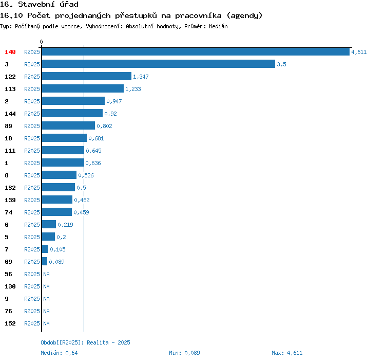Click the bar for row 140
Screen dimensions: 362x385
tap(195, 52)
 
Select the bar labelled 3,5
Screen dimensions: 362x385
tap(158, 64)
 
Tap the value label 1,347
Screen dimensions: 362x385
tap(141, 77)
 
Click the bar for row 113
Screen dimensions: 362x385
tap(83, 89)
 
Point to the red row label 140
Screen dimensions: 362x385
tap(10, 52)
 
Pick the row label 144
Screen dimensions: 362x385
tap(10, 114)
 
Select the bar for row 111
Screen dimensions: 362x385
tap(63, 151)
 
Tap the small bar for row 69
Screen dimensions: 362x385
tap(45, 262)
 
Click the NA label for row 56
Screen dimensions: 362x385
tap(46, 274)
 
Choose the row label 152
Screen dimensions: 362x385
tap(10, 323)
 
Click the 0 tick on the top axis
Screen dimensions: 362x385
tap(42, 42)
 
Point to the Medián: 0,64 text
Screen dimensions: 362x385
tap(59, 353)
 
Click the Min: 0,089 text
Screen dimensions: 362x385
tap(184, 353)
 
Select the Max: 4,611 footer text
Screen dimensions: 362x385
tap(287, 353)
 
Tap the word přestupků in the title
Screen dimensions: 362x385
tap(145, 15)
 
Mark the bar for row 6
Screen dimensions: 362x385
tap(49, 225)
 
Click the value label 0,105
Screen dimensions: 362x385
tap(57, 249)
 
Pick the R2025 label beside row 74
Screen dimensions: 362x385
tap(32, 212)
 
